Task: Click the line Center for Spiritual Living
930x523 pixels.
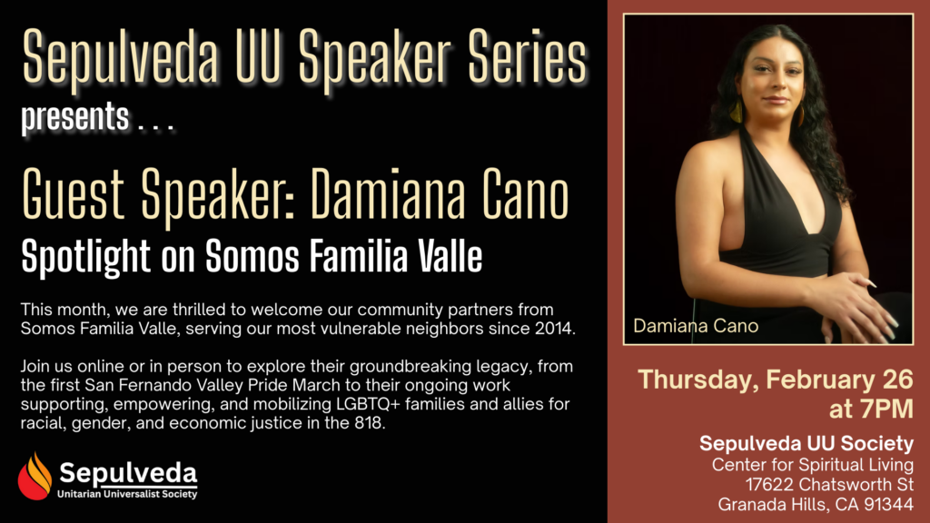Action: click(812, 465)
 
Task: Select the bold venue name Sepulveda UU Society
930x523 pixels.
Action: click(806, 444)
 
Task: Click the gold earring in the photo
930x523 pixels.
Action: click(737, 113)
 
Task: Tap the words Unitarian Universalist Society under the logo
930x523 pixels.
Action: click(128, 494)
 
